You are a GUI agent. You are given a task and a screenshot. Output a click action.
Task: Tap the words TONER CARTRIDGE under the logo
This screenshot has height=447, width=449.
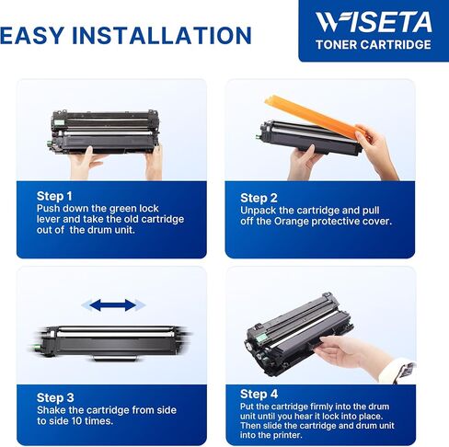click(x=374, y=44)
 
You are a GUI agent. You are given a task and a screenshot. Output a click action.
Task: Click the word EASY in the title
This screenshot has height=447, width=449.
click(x=38, y=36)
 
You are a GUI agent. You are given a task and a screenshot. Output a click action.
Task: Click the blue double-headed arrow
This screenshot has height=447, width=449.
click(x=108, y=304)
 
